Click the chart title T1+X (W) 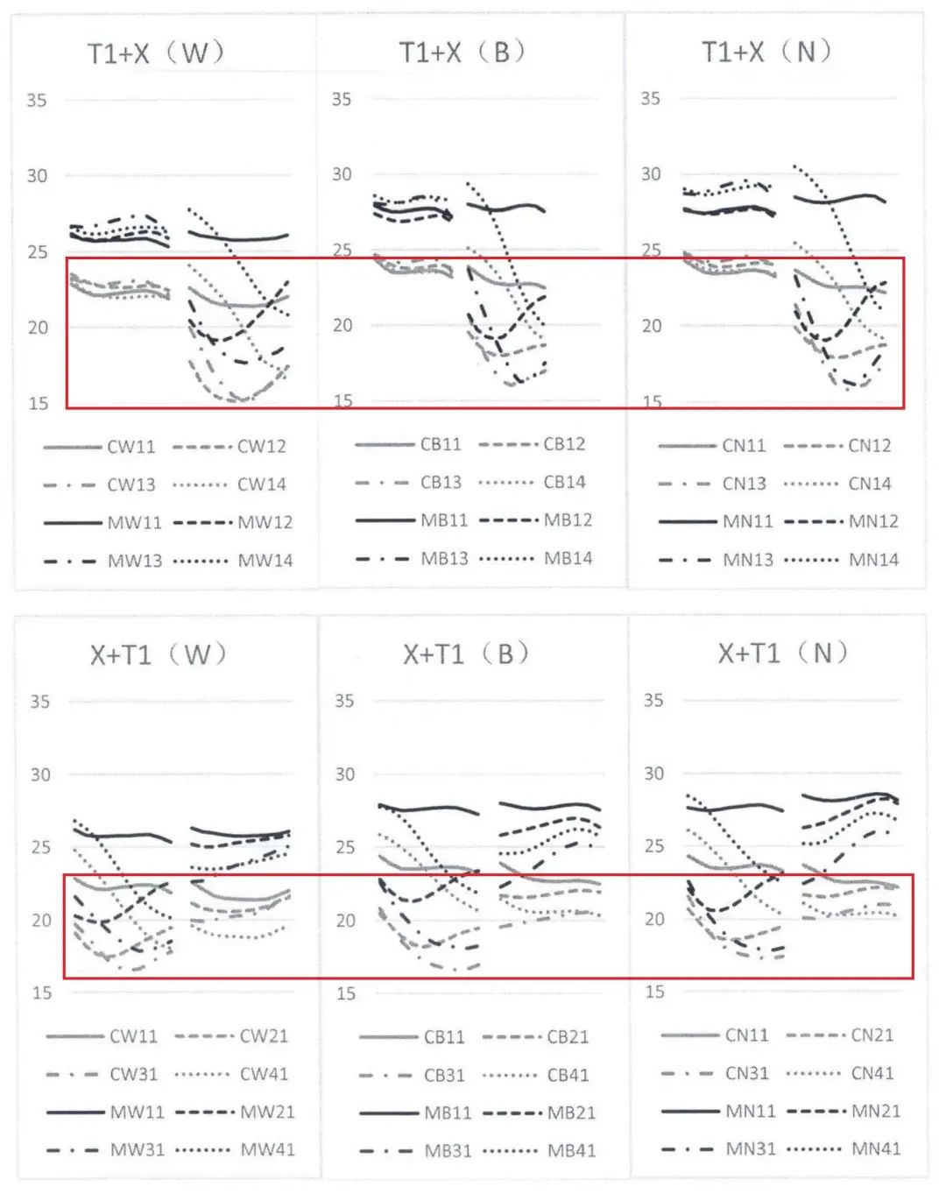[x=156, y=53]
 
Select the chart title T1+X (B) [x=462, y=52]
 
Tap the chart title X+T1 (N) [x=783, y=654]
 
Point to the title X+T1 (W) [x=159, y=654]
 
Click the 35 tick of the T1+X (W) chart [x=37, y=100]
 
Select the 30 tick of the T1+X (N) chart [x=650, y=174]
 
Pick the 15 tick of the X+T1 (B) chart [x=346, y=993]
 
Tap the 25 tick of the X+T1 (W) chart [x=40, y=847]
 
